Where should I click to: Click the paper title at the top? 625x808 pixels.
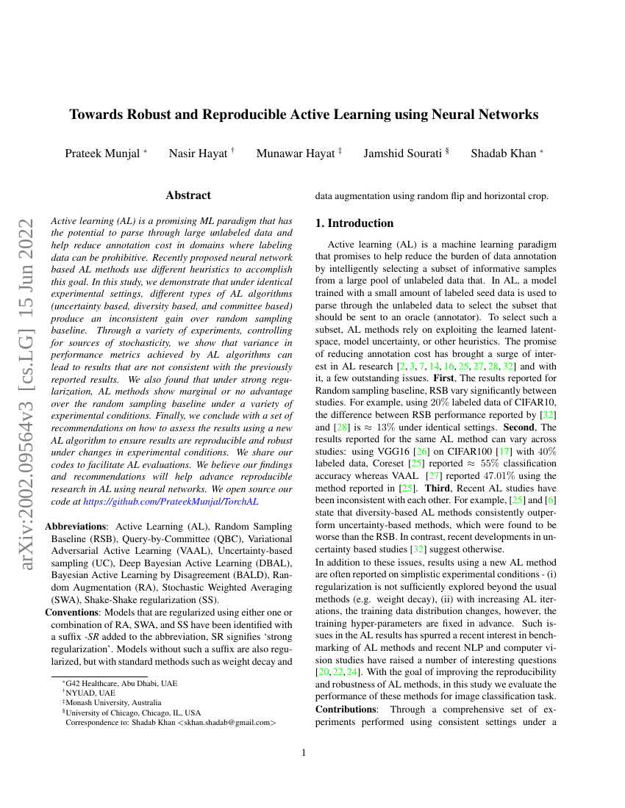pos(304,115)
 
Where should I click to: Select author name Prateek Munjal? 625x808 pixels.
pos(103,154)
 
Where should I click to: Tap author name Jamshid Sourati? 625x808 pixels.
pos(403,154)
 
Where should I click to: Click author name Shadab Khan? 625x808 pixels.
pos(504,154)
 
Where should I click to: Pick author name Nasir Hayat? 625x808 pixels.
pos(199,154)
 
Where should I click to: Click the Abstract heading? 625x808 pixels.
pos(188,195)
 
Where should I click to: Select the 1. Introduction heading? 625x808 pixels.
pos(354,223)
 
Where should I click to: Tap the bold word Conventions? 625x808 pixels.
pos(73,613)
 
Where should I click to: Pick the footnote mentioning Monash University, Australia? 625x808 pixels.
pos(113,702)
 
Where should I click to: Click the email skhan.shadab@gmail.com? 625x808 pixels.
pos(226,722)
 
